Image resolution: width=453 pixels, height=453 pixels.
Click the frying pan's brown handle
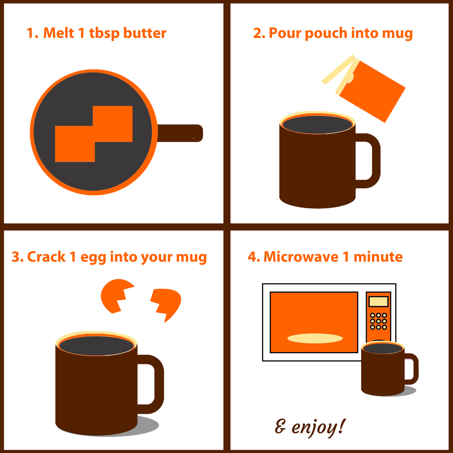(180, 133)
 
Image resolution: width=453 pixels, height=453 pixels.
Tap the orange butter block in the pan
(94, 134)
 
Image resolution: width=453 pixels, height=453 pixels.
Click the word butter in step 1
(145, 33)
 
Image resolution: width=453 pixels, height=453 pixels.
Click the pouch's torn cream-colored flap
(339, 69)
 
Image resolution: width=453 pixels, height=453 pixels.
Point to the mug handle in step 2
(371, 161)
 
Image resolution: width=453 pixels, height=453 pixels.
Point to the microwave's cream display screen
(378, 301)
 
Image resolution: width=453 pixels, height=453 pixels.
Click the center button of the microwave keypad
(378, 321)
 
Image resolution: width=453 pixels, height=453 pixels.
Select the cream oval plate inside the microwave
(315, 338)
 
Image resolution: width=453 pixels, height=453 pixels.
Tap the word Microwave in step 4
(301, 257)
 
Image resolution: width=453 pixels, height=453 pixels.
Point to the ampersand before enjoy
(281, 426)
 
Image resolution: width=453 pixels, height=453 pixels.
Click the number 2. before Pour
(259, 33)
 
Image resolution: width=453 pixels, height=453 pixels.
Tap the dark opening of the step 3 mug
(97, 346)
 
